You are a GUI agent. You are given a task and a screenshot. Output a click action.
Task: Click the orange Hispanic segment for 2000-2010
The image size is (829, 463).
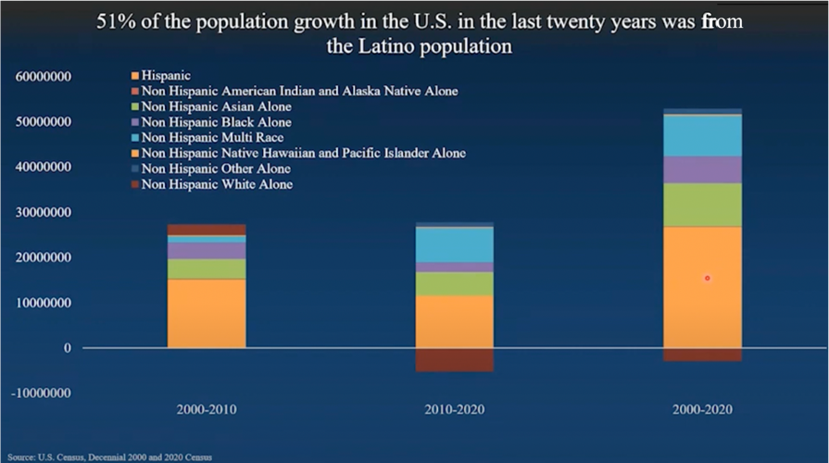[207, 313]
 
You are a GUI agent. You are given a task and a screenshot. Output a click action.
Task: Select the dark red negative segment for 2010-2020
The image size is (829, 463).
[454, 359]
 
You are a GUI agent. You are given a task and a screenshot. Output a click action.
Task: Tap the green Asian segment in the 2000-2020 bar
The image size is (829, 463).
[702, 205]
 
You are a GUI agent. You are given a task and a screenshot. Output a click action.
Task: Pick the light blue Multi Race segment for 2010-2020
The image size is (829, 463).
[454, 244]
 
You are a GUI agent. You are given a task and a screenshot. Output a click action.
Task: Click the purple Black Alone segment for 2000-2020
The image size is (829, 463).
[702, 169]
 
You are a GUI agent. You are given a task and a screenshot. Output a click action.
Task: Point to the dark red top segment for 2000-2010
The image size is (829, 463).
[207, 230]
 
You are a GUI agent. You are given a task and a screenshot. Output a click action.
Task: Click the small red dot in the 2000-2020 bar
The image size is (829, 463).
[707, 278]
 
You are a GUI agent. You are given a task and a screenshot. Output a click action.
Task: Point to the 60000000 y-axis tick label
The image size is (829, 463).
[44, 76]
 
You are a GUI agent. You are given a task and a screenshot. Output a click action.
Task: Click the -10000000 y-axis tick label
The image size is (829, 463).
[42, 394]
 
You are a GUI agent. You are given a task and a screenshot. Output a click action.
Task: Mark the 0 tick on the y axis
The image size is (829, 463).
[68, 348]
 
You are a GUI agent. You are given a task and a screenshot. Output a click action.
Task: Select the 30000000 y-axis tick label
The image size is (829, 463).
[44, 212]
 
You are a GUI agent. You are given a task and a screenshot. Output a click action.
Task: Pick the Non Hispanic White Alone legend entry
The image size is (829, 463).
[217, 184]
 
